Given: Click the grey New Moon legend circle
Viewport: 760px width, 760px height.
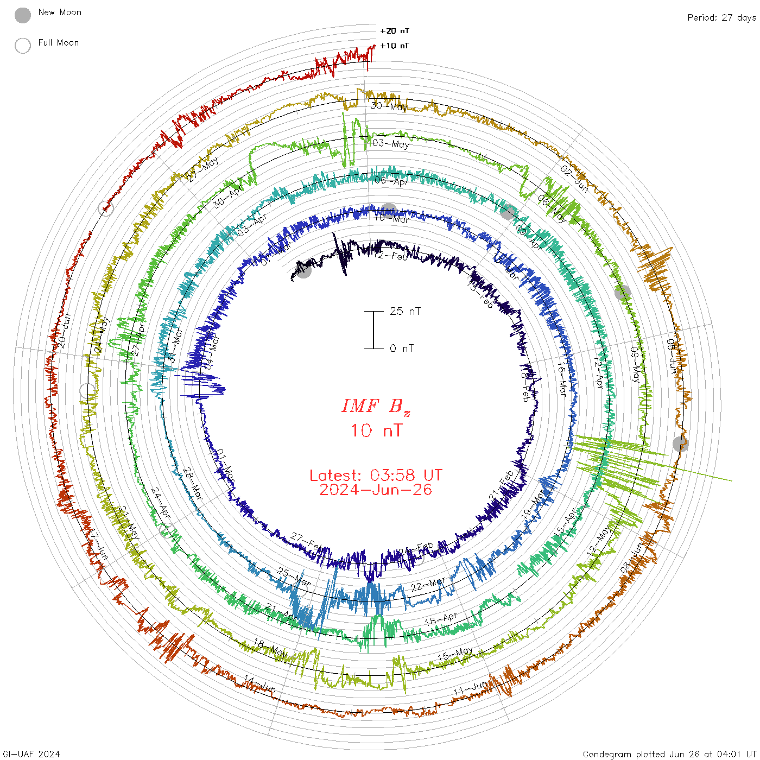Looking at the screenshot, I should tap(23, 15).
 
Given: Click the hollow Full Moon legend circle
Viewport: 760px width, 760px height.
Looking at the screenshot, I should tap(23, 46).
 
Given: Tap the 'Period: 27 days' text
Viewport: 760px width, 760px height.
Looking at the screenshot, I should tap(721, 17).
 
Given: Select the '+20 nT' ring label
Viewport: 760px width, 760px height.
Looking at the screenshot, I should tap(395, 31).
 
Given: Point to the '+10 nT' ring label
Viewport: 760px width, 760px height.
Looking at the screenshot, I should tap(395, 46).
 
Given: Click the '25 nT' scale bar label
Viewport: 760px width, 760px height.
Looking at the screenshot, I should tap(405, 311).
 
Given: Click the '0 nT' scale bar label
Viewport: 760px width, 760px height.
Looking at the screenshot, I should tap(402, 348).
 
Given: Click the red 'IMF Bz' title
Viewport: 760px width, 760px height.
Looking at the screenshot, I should tap(376, 406).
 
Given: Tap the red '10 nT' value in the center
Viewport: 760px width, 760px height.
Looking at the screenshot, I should tap(376, 430).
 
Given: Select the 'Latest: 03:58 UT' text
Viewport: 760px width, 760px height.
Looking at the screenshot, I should tap(376, 476).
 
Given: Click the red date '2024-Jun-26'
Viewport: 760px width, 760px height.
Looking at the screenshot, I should tap(376, 490).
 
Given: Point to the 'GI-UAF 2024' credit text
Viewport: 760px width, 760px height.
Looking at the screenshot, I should tap(31, 754).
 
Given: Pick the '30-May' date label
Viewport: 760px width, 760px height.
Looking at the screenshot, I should tap(389, 106).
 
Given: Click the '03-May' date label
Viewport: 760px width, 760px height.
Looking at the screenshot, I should tap(391, 143).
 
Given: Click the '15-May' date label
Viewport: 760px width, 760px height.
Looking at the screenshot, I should tap(455, 654).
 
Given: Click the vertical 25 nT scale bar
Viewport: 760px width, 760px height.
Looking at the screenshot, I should tap(373, 330).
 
